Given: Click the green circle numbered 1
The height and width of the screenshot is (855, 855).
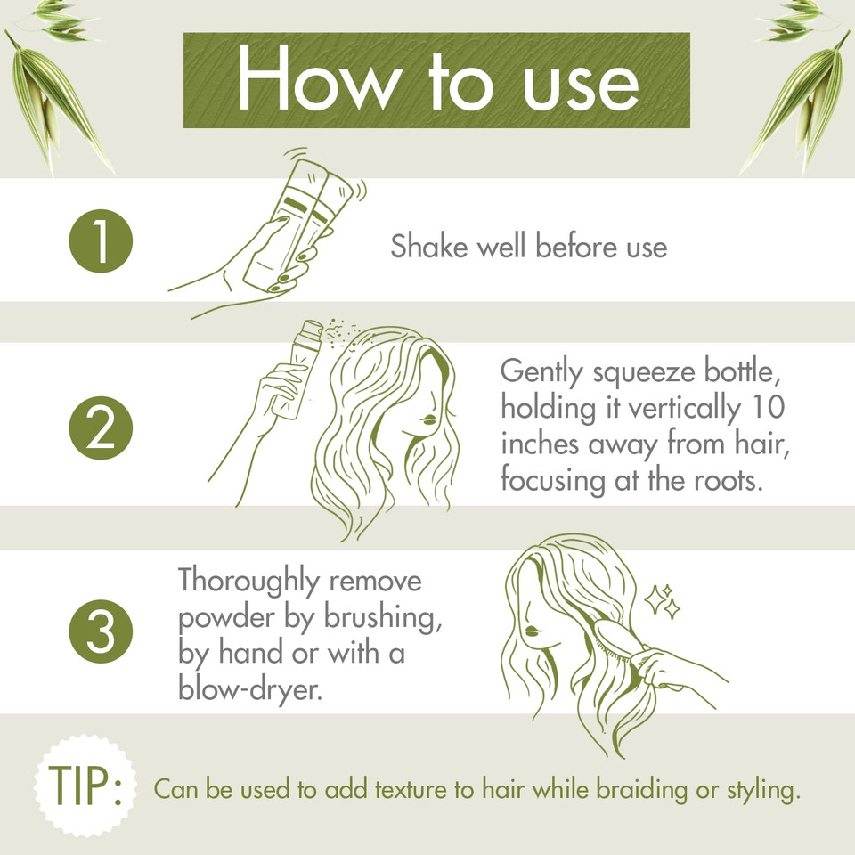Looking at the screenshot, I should pos(101,242).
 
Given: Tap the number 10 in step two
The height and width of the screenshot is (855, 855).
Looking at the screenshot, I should pos(765,408).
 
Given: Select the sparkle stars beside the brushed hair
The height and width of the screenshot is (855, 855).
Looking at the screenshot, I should pos(663,603).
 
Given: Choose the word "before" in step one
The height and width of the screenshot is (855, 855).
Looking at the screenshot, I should pos(560,247).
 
